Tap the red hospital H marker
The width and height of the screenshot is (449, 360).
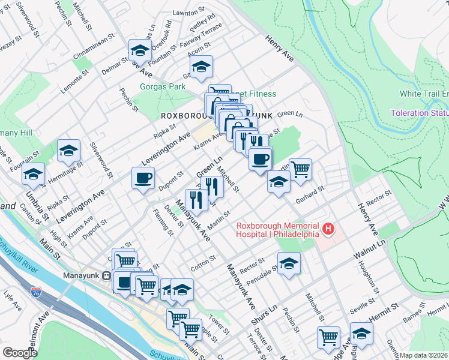coord(328,229)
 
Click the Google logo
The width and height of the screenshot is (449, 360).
coord(20,353)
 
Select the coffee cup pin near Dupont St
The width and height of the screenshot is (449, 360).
coord(143,178)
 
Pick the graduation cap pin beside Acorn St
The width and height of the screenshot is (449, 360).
coord(202,67)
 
